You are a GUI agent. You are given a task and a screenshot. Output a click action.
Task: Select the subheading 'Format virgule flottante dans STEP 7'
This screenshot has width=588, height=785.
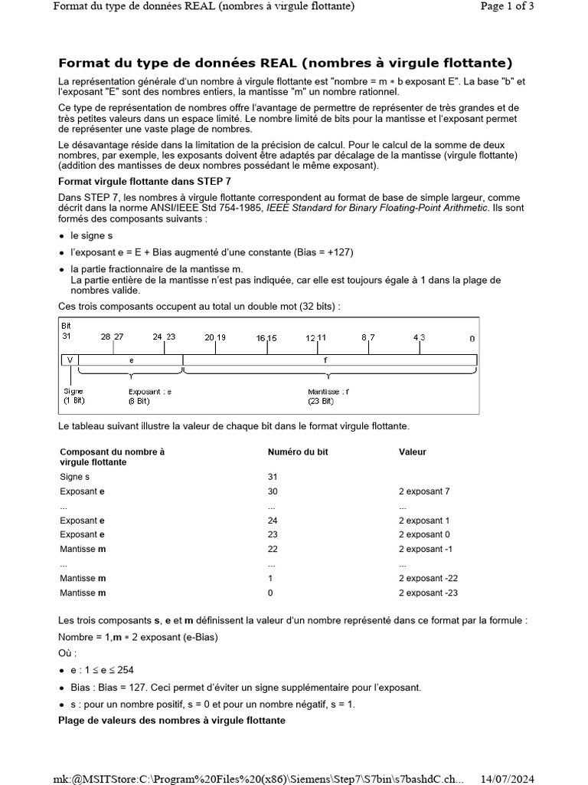[x=145, y=181]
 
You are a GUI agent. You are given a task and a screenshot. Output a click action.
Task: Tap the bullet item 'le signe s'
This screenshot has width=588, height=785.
[x=91, y=236]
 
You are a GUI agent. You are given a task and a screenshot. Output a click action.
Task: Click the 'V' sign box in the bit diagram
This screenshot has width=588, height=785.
[x=70, y=360]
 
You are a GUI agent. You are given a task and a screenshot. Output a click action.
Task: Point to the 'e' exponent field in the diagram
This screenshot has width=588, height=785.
[x=131, y=360]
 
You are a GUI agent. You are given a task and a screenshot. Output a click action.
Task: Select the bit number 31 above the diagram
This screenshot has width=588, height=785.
[x=66, y=337]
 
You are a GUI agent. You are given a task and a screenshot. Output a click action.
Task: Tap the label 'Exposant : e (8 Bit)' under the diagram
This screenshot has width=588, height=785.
[x=150, y=396]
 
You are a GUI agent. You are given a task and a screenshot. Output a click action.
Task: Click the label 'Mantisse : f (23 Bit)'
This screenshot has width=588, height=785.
[x=328, y=396]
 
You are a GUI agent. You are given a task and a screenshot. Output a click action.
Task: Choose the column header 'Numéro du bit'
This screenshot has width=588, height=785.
[x=298, y=452]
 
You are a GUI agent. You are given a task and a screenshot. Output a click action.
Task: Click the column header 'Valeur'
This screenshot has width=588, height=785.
[x=413, y=452]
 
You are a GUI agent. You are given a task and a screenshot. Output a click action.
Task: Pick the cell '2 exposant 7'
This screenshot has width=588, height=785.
[x=424, y=491]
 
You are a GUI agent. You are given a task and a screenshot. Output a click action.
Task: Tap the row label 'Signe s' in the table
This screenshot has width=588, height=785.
[x=75, y=477]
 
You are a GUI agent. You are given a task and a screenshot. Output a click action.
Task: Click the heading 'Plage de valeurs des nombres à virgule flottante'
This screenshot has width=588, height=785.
[x=172, y=721]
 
